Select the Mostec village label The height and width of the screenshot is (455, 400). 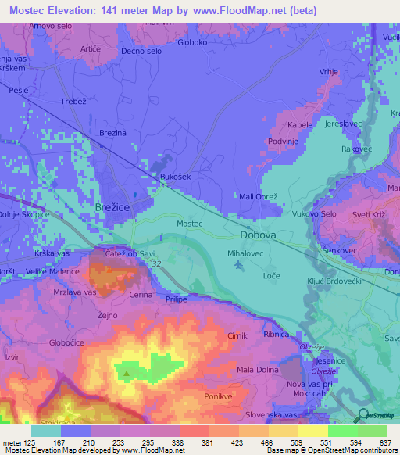[x=189, y=224]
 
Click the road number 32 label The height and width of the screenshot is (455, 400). [x=156, y=264]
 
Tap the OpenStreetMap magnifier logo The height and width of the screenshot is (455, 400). [x=362, y=415]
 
